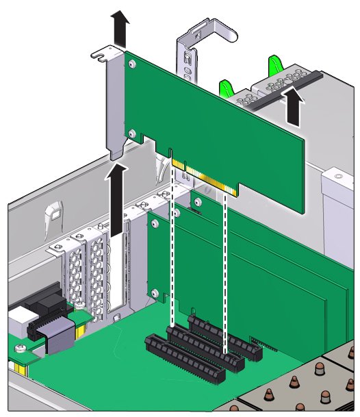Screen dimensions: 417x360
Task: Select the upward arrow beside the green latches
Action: click(293, 106)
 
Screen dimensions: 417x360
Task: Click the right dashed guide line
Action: click(225, 274)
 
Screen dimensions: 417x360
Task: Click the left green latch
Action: click(224, 88)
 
